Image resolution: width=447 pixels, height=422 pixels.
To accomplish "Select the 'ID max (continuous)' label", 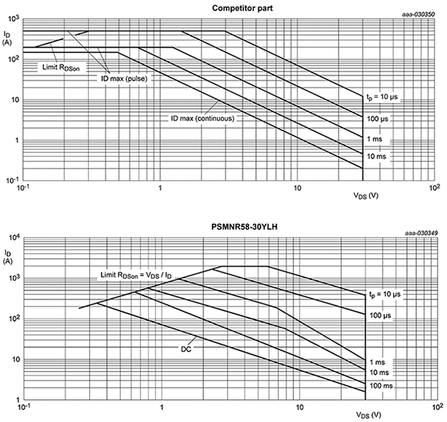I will pyautogui.click(x=201, y=119).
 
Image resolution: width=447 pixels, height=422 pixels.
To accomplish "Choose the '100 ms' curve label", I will pyautogui.click(x=381, y=385).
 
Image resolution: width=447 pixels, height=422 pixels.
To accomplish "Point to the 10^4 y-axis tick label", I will pyautogui.click(x=13, y=238).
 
